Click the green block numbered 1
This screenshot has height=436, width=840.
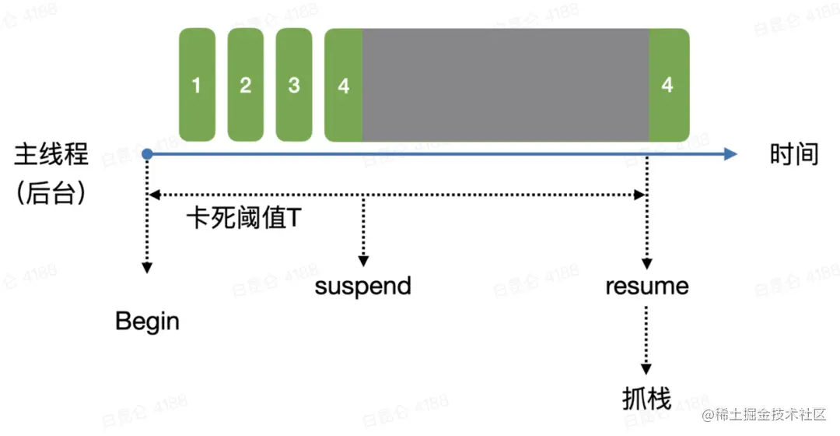coord(197,85)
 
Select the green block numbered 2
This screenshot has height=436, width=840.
coord(245,85)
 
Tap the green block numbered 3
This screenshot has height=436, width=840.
coord(294,85)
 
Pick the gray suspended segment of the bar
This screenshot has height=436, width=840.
coord(506,85)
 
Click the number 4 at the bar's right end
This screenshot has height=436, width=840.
coord(667,85)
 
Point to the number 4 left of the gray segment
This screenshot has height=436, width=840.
coord(344,86)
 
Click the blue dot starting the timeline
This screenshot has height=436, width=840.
coord(147,154)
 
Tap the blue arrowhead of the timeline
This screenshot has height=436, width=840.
coord(730,154)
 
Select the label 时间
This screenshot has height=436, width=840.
coord(794,154)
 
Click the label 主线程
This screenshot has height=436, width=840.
coord(51,154)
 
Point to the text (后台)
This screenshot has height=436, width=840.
coord(51,192)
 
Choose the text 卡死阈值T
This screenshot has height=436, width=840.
coord(244,218)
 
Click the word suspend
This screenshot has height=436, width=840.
coord(362,287)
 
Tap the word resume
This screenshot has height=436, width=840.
coord(647,287)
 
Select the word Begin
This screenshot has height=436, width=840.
coord(147,322)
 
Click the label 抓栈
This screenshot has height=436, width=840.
coord(646,399)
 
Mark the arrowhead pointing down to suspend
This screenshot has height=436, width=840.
coord(363,261)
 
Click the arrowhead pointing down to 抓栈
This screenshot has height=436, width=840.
coord(646,370)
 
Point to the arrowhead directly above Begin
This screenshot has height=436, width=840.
coord(147,268)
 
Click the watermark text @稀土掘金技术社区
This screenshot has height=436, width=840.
coord(764,414)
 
